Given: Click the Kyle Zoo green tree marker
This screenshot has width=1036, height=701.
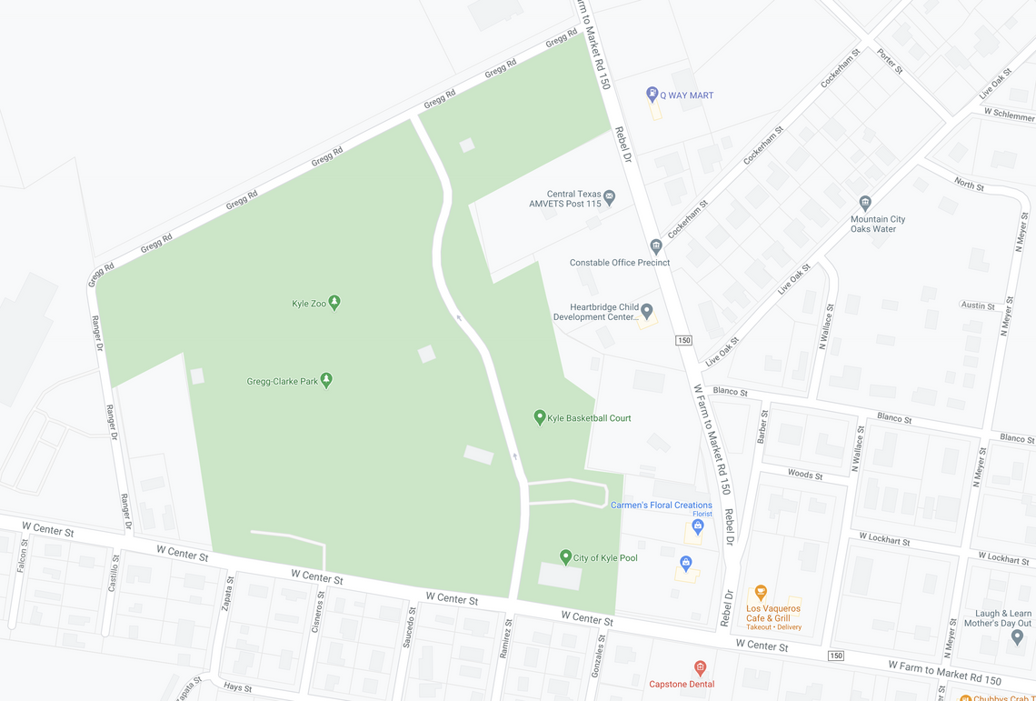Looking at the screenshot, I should (x=334, y=303).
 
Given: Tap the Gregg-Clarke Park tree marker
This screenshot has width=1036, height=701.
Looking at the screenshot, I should (x=326, y=381).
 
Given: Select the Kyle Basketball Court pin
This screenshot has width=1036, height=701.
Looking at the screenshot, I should (x=540, y=417).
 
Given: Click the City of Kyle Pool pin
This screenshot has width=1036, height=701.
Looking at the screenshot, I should (x=565, y=556).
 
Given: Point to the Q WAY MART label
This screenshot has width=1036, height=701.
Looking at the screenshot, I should (x=686, y=95).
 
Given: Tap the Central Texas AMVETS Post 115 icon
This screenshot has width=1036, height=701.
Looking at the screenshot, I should (x=609, y=196).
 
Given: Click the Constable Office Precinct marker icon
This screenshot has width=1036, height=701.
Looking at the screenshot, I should (x=656, y=246).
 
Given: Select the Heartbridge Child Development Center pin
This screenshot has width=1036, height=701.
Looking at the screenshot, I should (x=647, y=312).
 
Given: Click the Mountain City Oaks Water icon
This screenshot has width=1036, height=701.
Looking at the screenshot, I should (x=865, y=204).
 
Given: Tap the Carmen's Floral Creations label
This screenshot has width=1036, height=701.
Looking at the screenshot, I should (x=661, y=506).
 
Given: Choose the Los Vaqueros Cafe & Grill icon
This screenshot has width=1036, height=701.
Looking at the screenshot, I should (x=761, y=593).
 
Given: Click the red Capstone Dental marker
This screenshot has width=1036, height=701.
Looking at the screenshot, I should (x=700, y=669).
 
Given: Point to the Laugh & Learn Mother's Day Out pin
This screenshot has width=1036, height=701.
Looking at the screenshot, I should (x=1017, y=636).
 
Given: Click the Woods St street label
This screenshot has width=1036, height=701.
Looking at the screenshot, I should (x=805, y=475).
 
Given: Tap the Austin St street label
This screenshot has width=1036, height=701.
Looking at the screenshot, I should (x=978, y=305).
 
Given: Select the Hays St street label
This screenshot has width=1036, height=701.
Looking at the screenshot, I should (x=237, y=688).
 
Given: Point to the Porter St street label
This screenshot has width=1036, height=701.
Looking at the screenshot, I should (x=890, y=61).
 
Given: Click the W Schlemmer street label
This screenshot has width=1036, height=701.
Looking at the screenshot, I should (x=1009, y=116).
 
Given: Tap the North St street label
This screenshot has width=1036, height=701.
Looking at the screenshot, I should (x=969, y=185).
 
